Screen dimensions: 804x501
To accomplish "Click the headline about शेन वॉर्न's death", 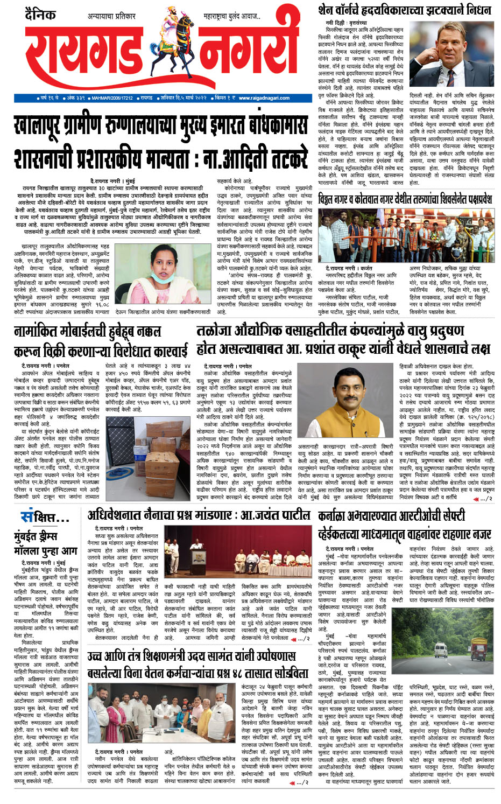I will pos(404,9).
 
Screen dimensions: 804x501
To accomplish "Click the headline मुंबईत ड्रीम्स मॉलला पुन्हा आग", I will pos(45,543).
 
